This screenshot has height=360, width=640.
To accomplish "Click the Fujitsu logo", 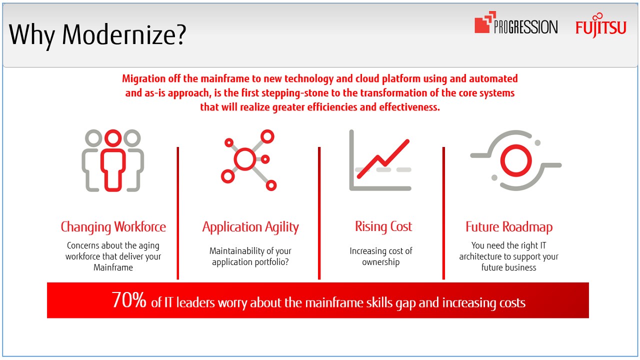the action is click(600, 25).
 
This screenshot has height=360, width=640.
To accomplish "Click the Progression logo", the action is click(516, 23).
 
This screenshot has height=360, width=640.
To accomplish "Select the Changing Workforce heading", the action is click(113, 227).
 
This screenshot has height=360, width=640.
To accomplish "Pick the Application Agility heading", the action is click(250, 227).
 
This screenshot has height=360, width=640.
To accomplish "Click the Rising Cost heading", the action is click(383, 226).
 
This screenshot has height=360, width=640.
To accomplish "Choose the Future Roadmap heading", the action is click(509, 227).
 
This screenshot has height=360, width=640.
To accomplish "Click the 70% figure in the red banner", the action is click(129, 300).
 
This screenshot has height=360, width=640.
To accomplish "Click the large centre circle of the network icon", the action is click(245, 159).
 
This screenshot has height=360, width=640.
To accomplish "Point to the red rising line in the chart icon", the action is click(383, 159).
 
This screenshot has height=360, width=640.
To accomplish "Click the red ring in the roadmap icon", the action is click(516, 160).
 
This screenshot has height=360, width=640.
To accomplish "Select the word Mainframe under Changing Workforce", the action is click(113, 267).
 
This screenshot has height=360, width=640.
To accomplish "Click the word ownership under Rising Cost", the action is click(381, 262).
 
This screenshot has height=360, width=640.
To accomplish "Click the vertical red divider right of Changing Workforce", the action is click(177, 213).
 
